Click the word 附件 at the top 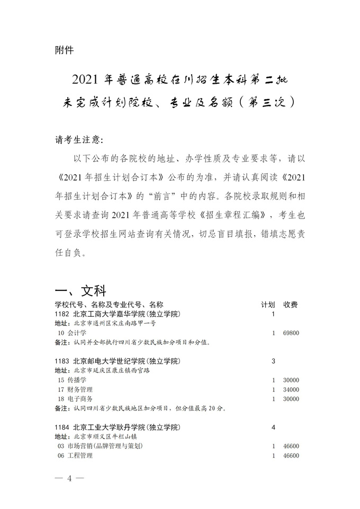pos(64,50)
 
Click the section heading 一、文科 pos(80,291)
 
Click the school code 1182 pos(62,314)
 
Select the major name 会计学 pos(76,333)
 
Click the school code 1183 pos(62,361)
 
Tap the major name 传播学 pos(76,380)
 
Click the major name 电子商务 pos(79,399)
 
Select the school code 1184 pos(62,427)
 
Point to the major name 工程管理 pos(79,456)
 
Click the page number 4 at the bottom pos(69,478)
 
